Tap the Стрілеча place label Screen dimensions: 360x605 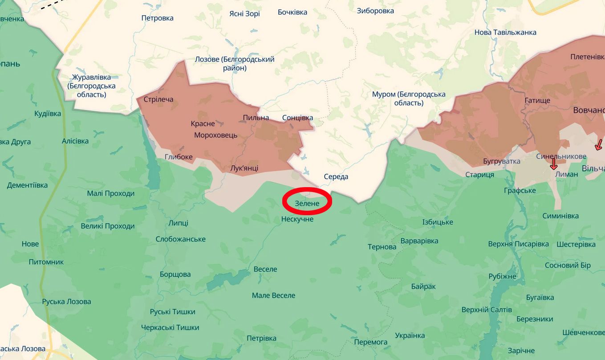(x=158, y=99)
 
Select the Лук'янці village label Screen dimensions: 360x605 (x=244, y=168)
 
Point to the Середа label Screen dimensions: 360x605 (x=336, y=177)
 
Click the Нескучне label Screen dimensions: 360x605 (x=297, y=219)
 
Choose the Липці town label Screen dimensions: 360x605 (x=179, y=223)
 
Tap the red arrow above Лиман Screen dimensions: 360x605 (x=553, y=164)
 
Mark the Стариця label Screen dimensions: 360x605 (x=479, y=175)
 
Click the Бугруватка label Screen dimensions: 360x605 (x=501, y=161)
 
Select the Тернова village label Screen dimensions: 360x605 (x=382, y=247)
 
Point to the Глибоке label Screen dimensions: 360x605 (x=179, y=157)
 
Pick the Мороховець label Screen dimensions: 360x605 (x=215, y=135)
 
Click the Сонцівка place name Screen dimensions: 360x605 (x=297, y=118)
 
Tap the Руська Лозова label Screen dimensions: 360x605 (x=66, y=302)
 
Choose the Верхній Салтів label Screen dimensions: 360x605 (x=487, y=310)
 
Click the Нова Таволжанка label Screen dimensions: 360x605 (x=505, y=33)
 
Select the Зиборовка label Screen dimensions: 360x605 (x=375, y=11)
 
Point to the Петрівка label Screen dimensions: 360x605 (x=261, y=338)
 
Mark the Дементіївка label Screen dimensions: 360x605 (x=27, y=185)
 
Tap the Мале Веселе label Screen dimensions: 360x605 (x=273, y=295)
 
